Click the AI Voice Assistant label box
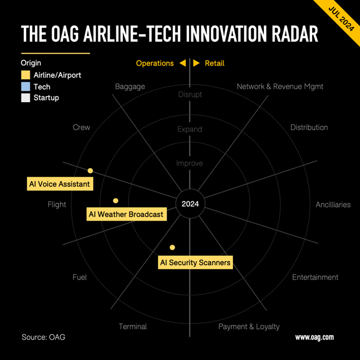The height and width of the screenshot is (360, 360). tap(60, 184)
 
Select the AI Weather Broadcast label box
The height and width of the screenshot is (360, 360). tap(127, 214)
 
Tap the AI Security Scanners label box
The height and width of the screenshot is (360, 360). tap(195, 262)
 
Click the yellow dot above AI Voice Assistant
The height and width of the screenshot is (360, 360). tap(90, 170)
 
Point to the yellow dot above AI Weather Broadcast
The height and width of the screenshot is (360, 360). tap(116, 201)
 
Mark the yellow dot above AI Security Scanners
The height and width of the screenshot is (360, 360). tap(172, 247)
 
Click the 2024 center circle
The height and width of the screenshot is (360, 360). tap(190, 204)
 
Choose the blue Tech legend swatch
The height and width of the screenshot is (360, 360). tap(25, 86)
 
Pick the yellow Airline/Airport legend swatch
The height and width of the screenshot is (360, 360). tap(25, 75)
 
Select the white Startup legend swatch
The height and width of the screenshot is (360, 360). tap(25, 97)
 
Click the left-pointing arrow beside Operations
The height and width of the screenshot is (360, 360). tap(183, 63)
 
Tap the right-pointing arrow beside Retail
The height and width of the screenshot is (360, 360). tap(196, 63)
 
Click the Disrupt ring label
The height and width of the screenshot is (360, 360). tap(190, 95)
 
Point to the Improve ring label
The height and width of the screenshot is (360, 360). tap(190, 163)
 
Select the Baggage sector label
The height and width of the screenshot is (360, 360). tap(130, 86)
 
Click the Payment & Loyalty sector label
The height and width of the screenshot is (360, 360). tap(249, 326)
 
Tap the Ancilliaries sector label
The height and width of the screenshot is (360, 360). tap(333, 204)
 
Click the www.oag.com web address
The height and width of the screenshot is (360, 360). tap(314, 337)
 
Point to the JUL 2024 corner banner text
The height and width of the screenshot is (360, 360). tap(341, 19)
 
